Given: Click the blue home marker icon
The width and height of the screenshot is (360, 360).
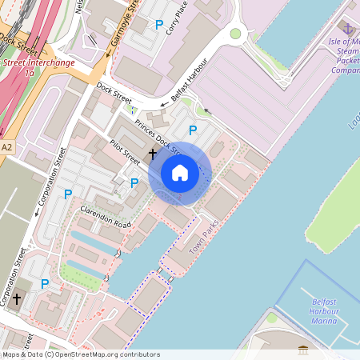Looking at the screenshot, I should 180,173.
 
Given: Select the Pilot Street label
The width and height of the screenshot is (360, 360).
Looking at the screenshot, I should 126,150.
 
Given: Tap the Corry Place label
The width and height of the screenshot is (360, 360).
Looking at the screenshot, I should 179,21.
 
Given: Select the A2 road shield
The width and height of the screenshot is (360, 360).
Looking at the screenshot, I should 7,147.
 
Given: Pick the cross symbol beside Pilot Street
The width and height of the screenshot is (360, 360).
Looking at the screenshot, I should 152,152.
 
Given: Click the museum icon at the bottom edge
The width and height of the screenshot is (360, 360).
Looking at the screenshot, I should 304,350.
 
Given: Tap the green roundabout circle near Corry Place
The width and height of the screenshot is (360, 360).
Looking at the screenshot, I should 235,34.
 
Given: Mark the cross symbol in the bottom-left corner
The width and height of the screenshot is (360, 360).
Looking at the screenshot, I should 16,298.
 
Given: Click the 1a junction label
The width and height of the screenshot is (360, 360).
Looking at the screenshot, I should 30,72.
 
